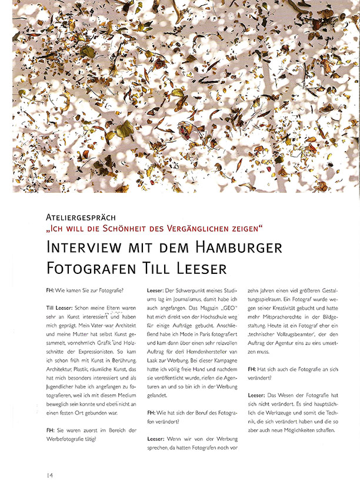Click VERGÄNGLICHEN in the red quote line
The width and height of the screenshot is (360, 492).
206,228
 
